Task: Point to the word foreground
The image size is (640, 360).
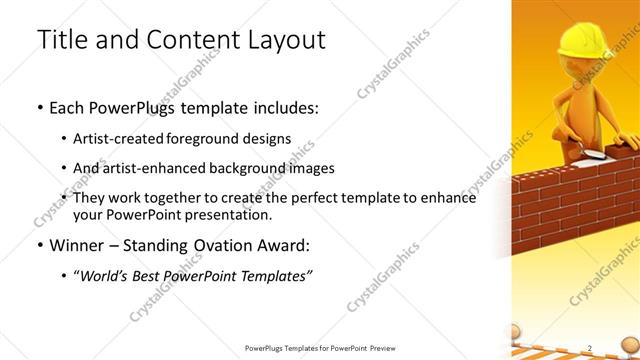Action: (x=217, y=138)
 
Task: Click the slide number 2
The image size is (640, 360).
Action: (x=590, y=348)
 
